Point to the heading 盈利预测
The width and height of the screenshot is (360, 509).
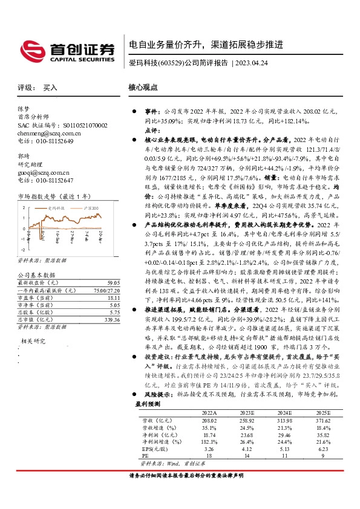coord(148,403)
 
